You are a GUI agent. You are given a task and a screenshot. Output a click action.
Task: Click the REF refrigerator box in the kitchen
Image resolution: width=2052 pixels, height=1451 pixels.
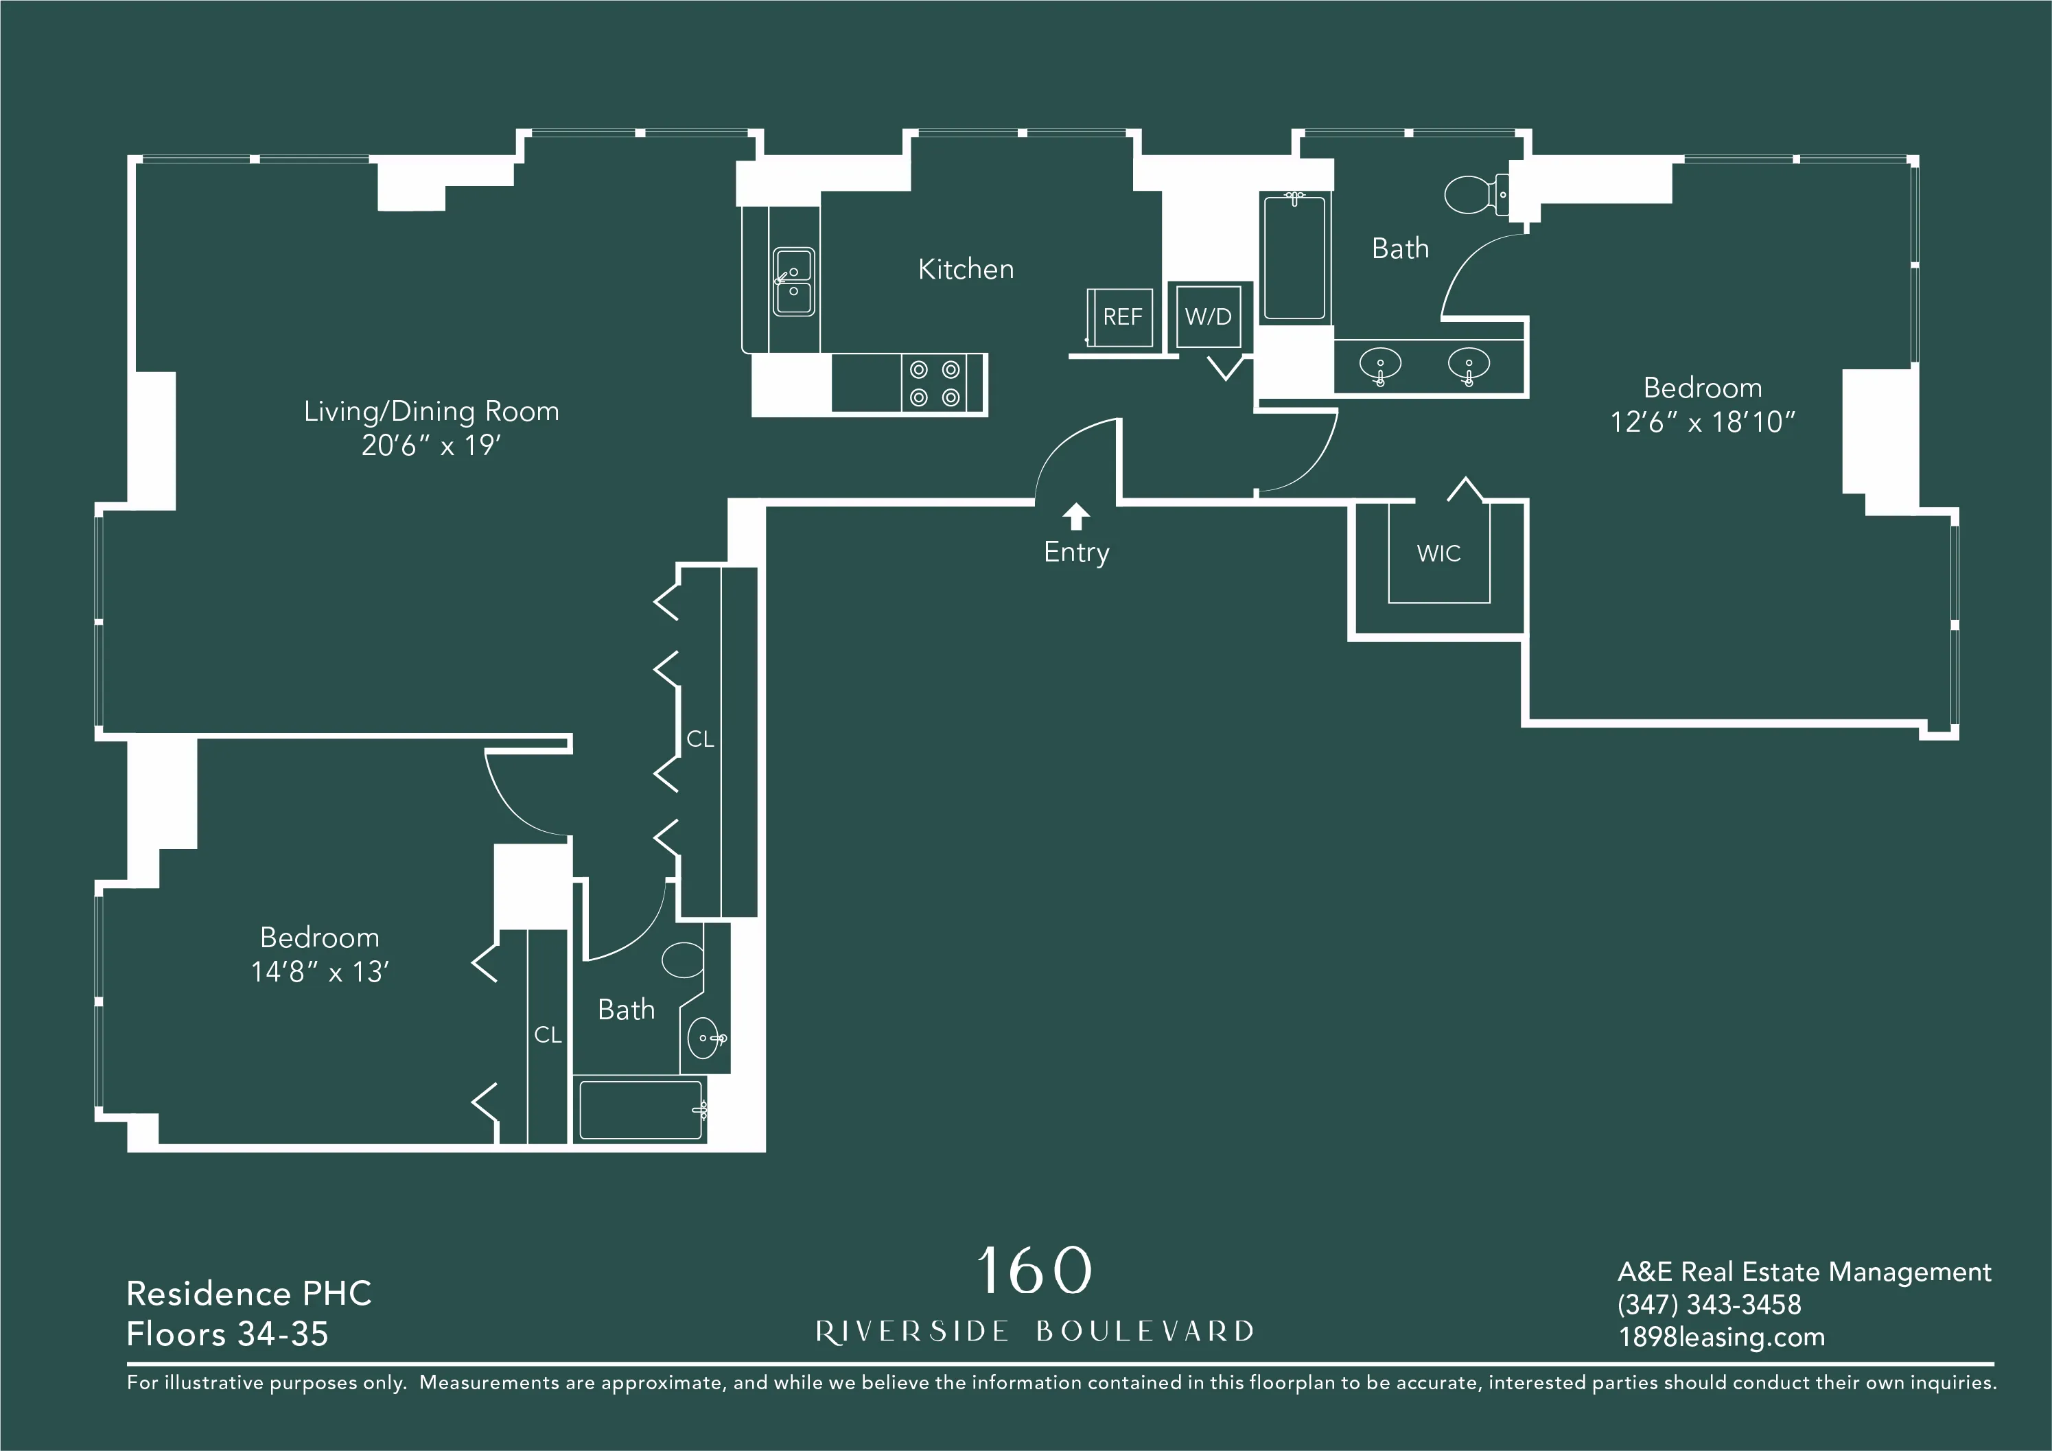coord(1121,317)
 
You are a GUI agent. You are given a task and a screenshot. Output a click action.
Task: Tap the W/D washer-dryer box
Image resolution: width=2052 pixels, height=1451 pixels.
coord(1209,316)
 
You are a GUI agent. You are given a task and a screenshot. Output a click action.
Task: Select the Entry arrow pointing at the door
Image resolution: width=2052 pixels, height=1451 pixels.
coord(1076,516)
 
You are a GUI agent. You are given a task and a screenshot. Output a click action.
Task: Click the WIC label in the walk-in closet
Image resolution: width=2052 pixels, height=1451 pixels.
coord(1438,553)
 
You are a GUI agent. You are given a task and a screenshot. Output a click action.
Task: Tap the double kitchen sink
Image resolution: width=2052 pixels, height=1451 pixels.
coord(793,281)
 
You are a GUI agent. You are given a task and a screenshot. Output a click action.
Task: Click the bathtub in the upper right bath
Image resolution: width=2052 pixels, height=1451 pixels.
coord(1294,257)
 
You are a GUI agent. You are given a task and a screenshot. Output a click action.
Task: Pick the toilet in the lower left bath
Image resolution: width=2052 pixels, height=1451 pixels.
coord(684,960)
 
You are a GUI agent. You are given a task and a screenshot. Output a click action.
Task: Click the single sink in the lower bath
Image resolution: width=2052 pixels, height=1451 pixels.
coord(704,1038)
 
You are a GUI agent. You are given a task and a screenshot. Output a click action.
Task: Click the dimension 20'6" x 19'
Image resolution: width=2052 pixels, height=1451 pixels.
coord(431,445)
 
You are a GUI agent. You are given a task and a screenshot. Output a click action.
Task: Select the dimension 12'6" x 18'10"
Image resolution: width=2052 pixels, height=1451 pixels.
coord(1703,422)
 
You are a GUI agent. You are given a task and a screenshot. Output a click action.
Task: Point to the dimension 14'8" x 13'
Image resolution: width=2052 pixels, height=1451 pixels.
coord(319,972)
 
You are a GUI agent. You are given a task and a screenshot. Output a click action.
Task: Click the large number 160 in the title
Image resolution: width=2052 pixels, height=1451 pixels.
coord(1034,1270)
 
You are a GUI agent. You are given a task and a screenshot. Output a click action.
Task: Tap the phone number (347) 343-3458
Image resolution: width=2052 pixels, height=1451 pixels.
coord(1709,1304)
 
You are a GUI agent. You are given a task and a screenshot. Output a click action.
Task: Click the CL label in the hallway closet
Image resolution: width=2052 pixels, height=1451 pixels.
coord(700,739)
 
